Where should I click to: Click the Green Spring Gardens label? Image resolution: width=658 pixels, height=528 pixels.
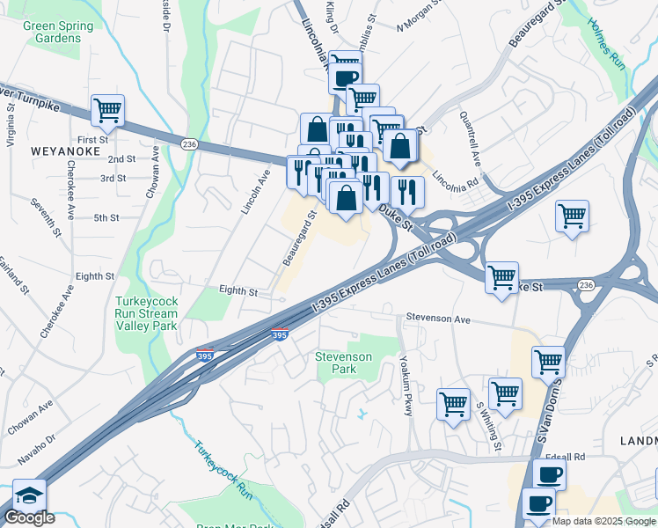58,32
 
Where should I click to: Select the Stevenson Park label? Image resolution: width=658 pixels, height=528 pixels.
344,363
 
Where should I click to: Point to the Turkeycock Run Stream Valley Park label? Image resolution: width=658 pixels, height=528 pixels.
147,313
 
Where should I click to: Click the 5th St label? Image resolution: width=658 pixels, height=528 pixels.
106,217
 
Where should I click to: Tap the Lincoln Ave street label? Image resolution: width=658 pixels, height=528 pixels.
254,193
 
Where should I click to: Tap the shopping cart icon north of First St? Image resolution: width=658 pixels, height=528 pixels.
107,111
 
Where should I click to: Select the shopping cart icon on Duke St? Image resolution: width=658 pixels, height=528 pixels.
501,277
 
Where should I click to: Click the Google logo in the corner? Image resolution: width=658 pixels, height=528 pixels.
29,517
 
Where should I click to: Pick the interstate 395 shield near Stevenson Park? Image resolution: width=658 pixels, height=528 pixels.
279,335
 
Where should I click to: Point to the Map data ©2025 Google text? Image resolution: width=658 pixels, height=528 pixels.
603,521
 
